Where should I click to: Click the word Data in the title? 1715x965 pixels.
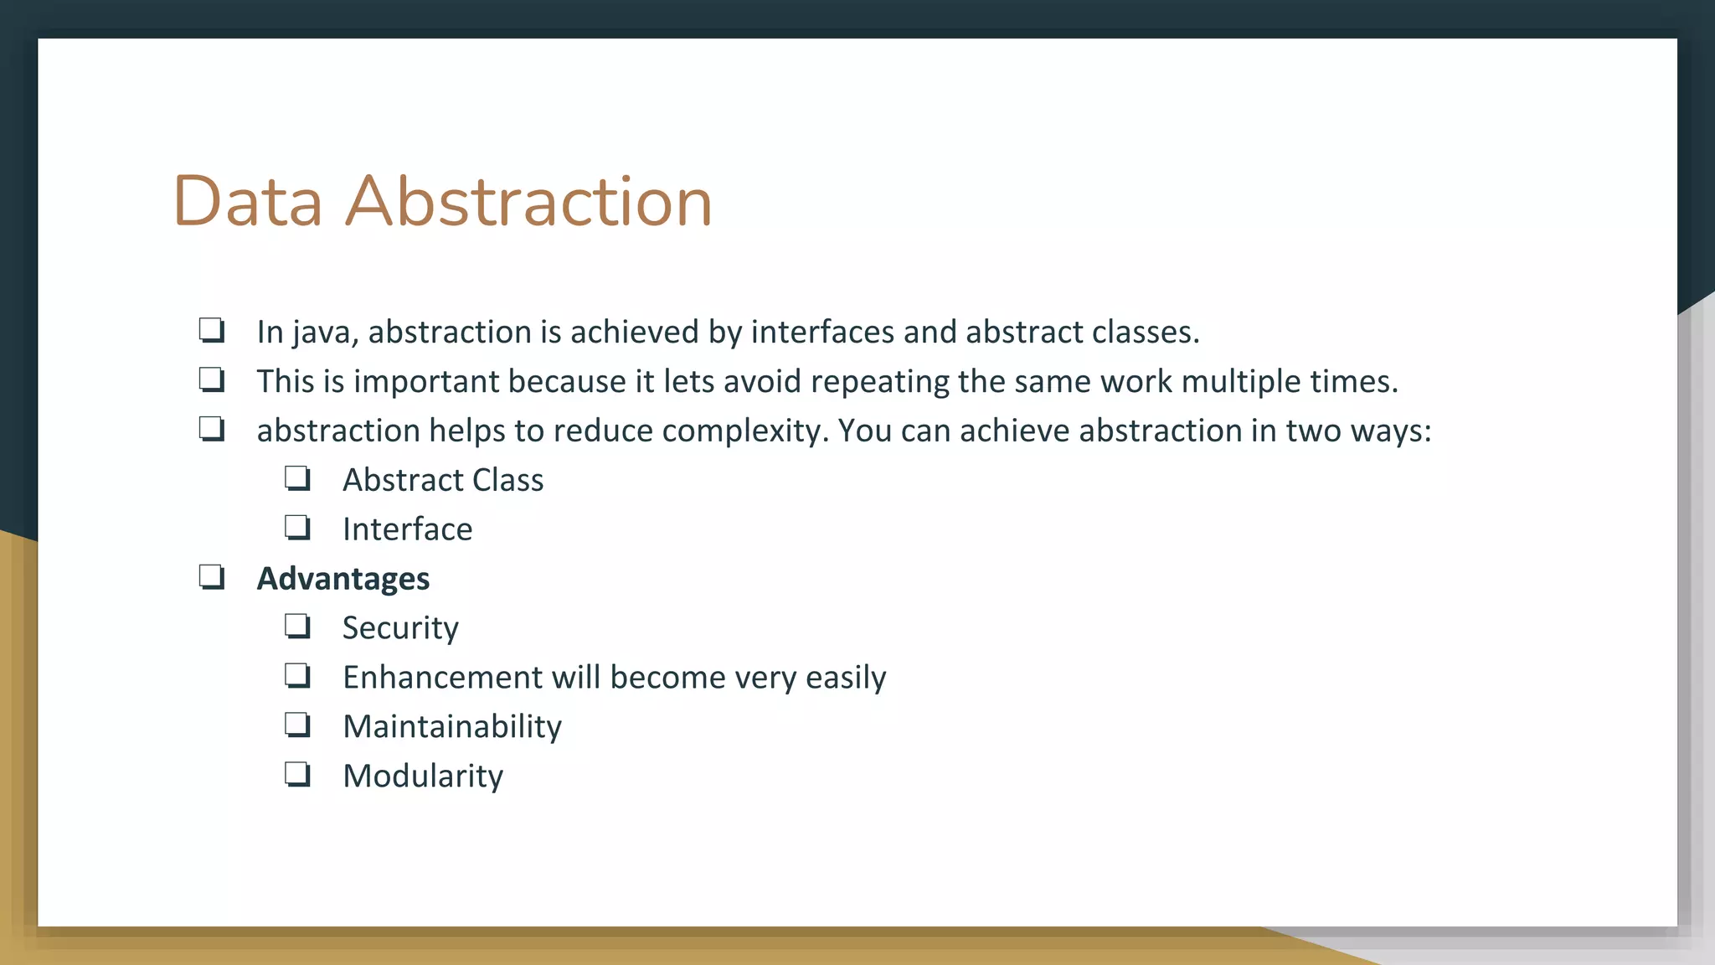[x=248, y=202]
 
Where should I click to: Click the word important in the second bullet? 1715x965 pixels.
[x=426, y=382]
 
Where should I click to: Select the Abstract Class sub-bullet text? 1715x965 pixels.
[x=443, y=480]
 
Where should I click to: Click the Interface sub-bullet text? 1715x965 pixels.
[x=407, y=529]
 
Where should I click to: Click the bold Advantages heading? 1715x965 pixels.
[x=342, y=579]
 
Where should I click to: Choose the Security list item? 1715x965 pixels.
[x=400, y=628]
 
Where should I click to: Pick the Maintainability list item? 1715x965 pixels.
[x=452, y=726]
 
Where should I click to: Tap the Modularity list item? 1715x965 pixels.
[x=423, y=776]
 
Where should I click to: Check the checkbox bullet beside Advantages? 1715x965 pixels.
[x=211, y=577]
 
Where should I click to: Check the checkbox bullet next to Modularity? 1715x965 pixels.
[x=297, y=774]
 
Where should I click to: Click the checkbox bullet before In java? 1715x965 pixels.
[x=211, y=330]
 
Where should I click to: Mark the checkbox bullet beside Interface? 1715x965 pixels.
[x=297, y=528]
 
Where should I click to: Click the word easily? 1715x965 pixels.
[x=845, y=678]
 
